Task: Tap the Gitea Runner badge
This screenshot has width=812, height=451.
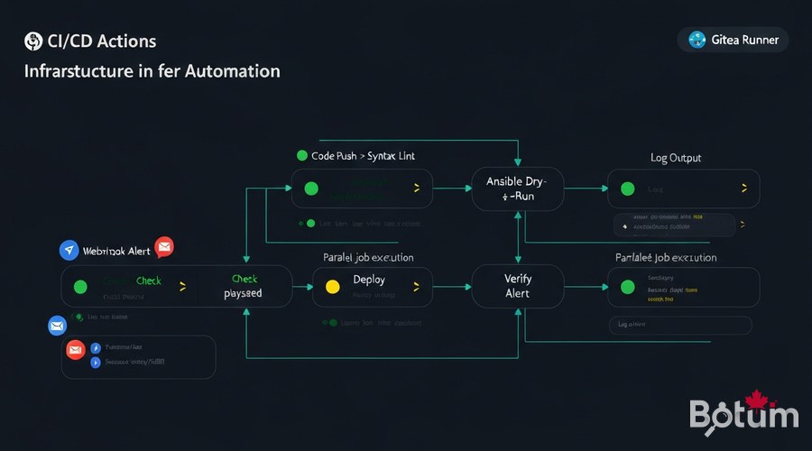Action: pyautogui.click(x=733, y=39)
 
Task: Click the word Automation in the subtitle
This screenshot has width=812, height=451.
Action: pyautogui.click(x=232, y=70)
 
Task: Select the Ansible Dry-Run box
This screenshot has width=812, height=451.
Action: pyautogui.click(x=518, y=189)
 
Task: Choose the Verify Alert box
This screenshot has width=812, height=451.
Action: pyautogui.click(x=518, y=287)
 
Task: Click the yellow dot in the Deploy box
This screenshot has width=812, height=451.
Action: pyautogui.click(x=331, y=287)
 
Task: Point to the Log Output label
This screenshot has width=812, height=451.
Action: pyautogui.click(x=676, y=158)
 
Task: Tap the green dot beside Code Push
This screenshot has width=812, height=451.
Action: pyautogui.click(x=301, y=156)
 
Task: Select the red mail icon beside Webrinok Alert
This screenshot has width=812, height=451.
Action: pyautogui.click(x=164, y=247)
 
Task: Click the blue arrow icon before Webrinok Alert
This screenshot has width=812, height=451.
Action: pyautogui.click(x=69, y=251)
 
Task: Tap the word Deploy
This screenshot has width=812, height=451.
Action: pyautogui.click(x=369, y=280)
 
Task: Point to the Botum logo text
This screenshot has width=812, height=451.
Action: pyautogui.click(x=743, y=415)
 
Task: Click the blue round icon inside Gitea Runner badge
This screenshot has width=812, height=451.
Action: pyautogui.click(x=697, y=39)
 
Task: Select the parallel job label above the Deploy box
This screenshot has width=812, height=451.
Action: pyautogui.click(x=368, y=257)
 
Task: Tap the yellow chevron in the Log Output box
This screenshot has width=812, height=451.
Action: pyautogui.click(x=743, y=189)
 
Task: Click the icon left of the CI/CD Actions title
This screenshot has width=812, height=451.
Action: pyautogui.click(x=34, y=41)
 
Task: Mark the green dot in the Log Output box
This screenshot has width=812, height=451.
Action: pyautogui.click(x=627, y=189)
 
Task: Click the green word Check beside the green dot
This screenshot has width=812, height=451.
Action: pyautogui.click(x=148, y=281)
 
